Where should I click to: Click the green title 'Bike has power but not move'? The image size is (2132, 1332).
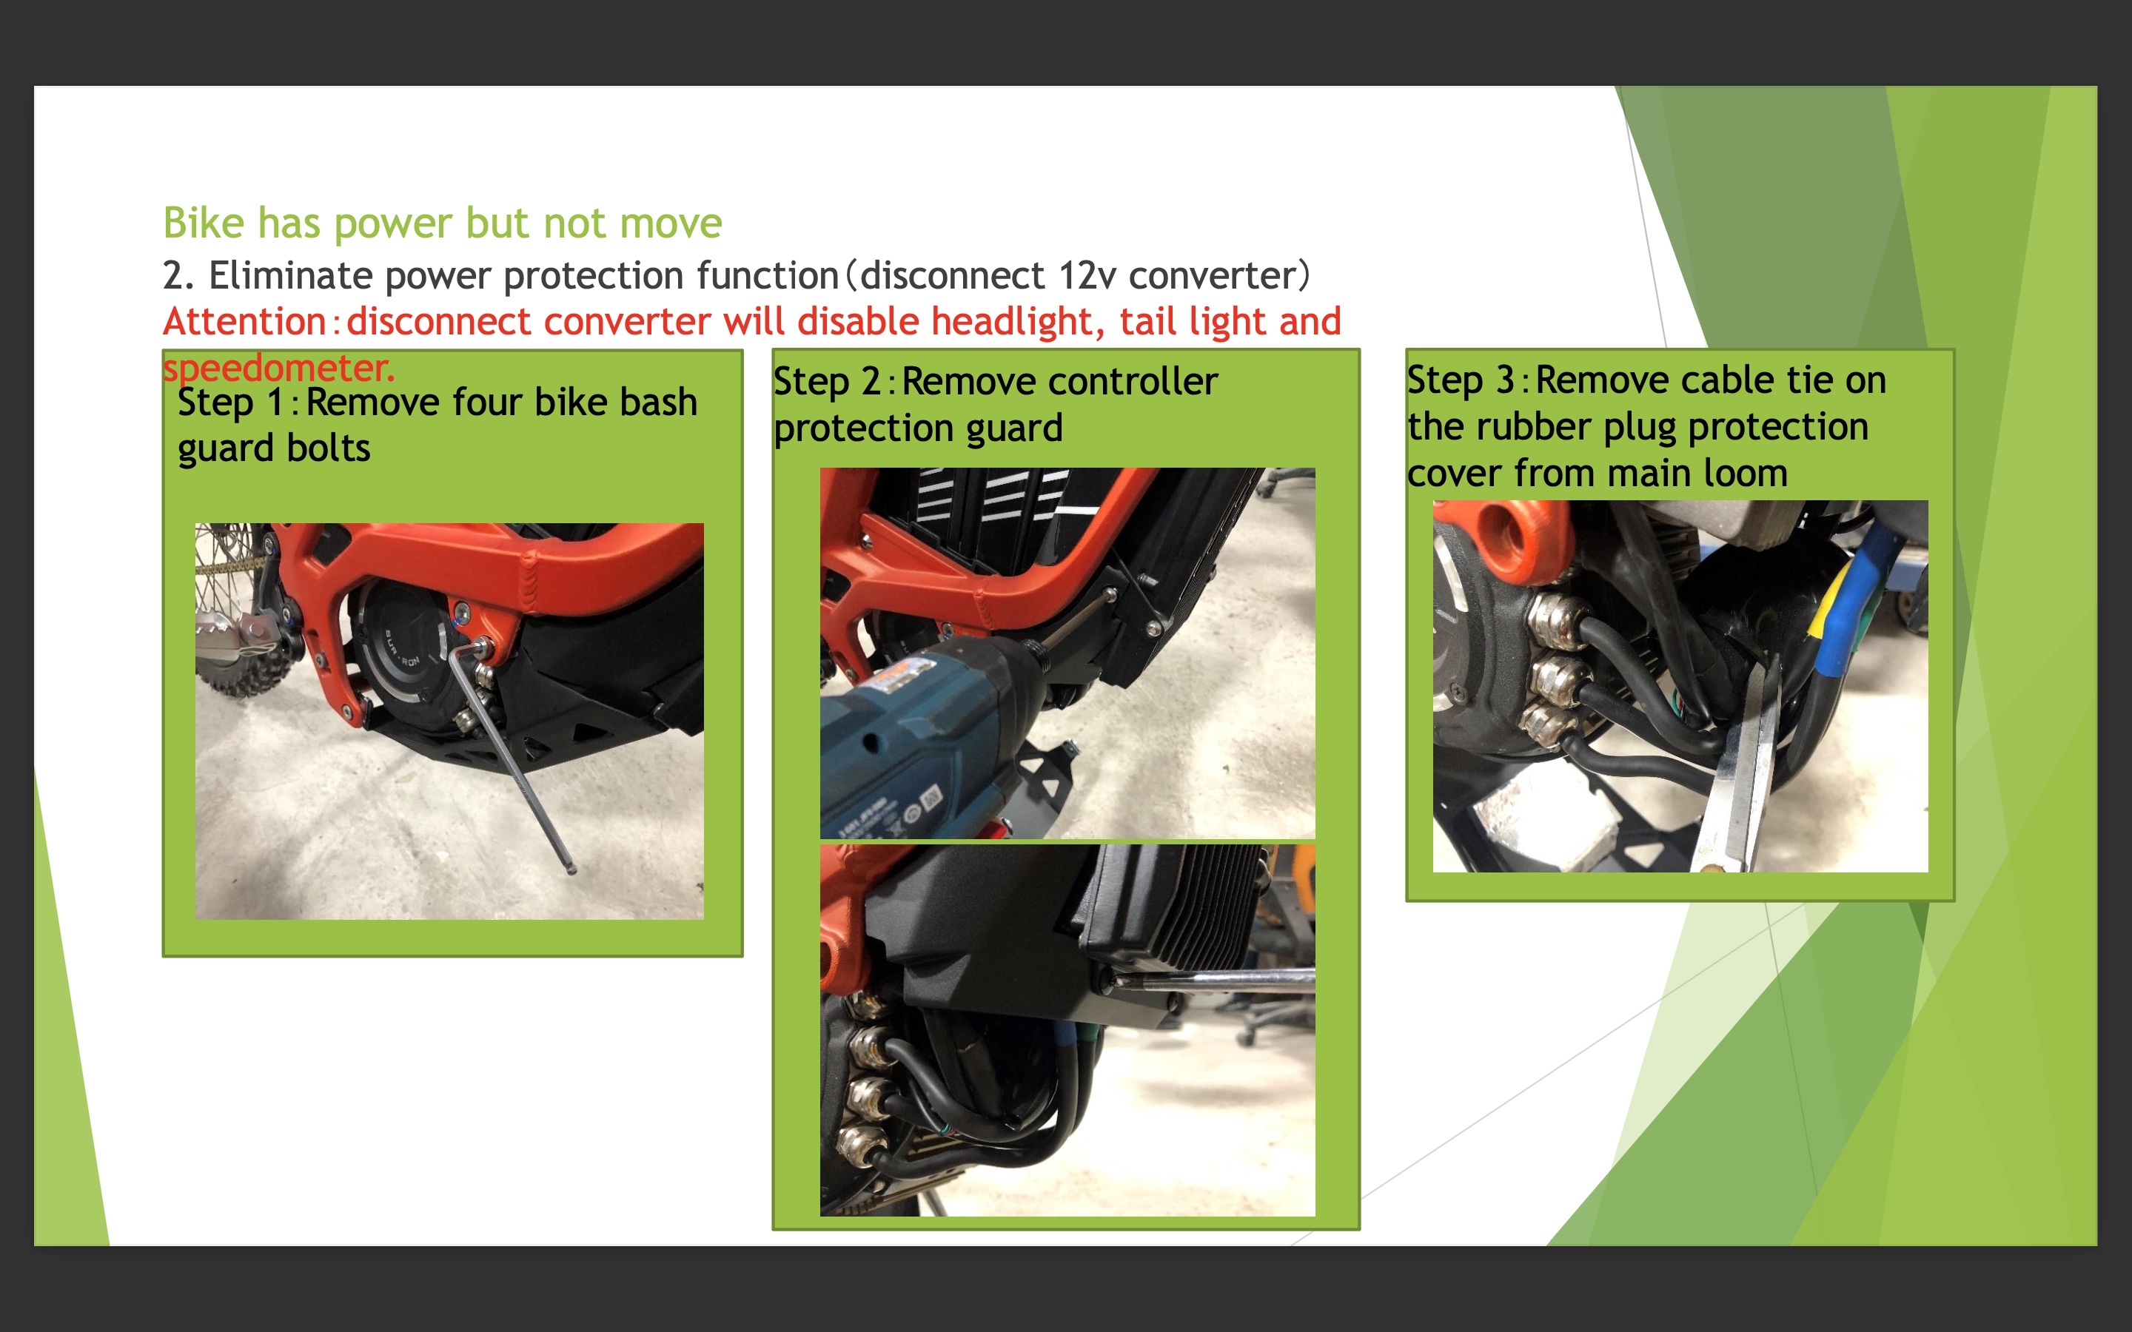442,223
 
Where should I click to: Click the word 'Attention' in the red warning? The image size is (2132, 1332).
245,322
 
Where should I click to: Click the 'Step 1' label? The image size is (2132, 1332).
231,403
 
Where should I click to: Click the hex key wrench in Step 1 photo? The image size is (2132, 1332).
511,758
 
